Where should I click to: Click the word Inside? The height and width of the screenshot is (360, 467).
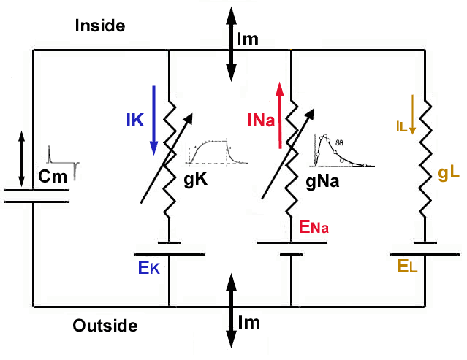[x=100, y=26]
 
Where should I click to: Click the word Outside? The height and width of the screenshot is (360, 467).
[x=105, y=326]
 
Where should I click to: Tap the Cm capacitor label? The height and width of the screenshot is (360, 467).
[x=49, y=176]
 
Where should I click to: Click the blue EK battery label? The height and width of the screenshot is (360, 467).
[x=148, y=267]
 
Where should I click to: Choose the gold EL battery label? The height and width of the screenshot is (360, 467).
[x=408, y=268]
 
